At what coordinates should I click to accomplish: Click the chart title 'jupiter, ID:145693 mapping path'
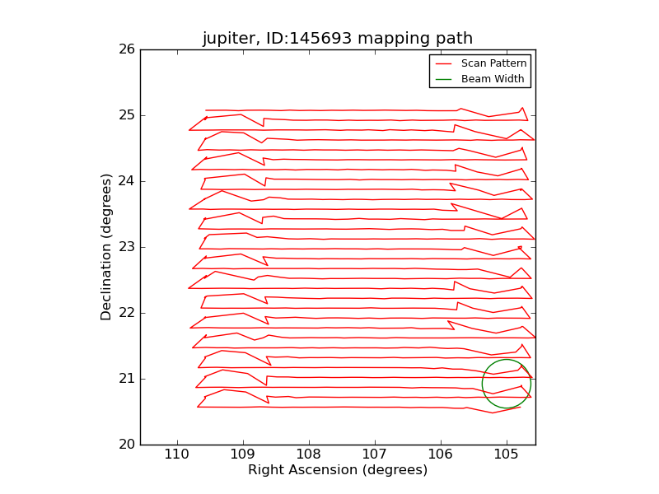click(x=338, y=39)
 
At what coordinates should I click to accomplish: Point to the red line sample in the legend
click(x=444, y=63)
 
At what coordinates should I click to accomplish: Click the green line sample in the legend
click(x=444, y=79)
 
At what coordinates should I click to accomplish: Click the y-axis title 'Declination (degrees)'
click(x=106, y=247)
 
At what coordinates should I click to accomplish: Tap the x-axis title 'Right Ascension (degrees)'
click(x=338, y=470)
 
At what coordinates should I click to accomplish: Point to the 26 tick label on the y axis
click(x=126, y=49)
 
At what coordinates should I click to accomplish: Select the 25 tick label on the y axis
click(x=126, y=115)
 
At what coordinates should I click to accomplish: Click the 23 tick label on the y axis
click(x=126, y=247)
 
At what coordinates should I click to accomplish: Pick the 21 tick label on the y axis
click(x=126, y=379)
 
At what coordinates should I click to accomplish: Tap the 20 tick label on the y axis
click(x=126, y=445)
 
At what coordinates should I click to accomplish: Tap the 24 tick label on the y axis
click(x=126, y=181)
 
